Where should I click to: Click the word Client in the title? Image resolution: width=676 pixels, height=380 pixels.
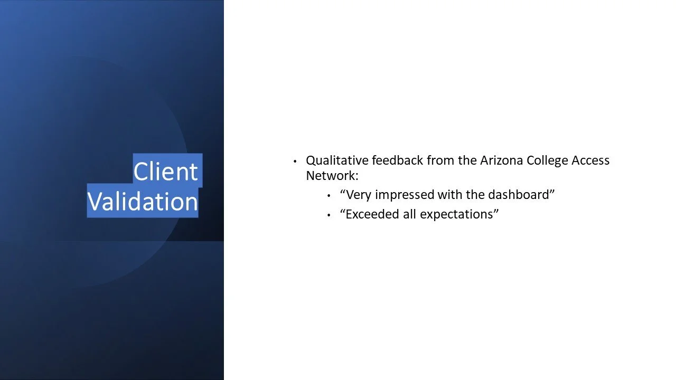pos(165,172)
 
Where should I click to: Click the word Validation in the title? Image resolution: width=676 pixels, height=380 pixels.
pos(143,202)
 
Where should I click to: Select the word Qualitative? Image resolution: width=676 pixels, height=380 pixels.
pos(337,161)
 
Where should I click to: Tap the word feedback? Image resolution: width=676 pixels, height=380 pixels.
pos(398,160)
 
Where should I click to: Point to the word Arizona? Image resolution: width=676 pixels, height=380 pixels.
pos(501,160)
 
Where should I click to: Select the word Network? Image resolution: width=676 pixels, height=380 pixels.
pos(331,176)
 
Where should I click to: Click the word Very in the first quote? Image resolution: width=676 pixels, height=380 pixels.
pos(358,195)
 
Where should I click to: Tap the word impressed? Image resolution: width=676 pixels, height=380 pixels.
pos(405,195)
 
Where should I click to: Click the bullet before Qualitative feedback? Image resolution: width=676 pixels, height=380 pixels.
pos(295,161)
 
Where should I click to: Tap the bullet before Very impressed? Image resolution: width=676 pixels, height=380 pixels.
pos(328,196)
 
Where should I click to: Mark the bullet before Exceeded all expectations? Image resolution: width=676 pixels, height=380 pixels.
pos(328,215)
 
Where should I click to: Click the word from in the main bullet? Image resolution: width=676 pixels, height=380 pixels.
pos(440,160)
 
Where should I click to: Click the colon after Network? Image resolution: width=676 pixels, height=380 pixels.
pos(356,177)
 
